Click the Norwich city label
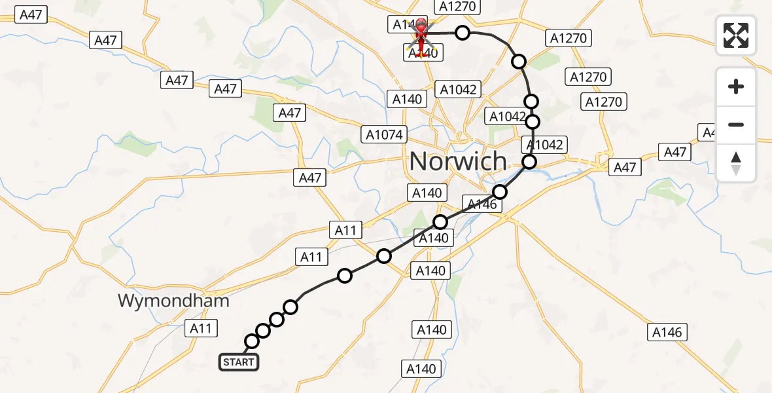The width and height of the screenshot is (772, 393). pos(459,161)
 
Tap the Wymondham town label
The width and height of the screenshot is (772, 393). pos(173,301)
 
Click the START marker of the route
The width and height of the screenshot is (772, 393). pos(239,362)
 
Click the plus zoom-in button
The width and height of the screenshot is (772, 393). pos(736,86)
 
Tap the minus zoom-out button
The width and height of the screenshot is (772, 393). pos(736,124)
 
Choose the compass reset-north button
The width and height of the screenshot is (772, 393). pos(736,162)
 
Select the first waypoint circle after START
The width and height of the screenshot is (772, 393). pos(252,341)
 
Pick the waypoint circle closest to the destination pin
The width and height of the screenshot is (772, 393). pos(463,33)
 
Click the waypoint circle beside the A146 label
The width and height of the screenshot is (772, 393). pos(500,192)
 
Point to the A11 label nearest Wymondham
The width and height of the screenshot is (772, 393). pos(201,328)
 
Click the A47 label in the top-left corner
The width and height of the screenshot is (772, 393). pos(31,15)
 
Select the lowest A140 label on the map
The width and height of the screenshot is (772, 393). pos(421,369)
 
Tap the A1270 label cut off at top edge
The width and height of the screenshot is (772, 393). pos(457,7)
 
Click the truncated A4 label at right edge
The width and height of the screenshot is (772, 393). pos(709,132)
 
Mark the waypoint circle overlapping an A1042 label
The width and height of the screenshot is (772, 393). pos(533,122)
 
